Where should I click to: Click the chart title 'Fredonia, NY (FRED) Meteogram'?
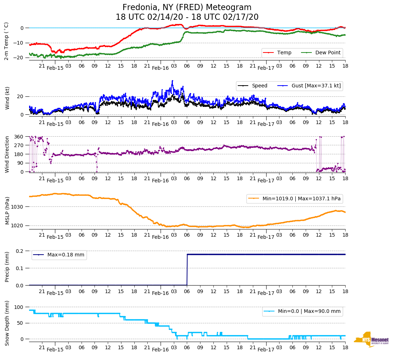pos(187,8)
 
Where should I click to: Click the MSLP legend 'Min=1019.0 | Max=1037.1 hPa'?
pos(294,199)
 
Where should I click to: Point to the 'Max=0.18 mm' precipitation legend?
pos(59,255)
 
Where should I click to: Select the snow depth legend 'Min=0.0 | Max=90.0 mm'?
pos(302,311)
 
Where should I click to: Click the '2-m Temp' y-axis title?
pos(6,41)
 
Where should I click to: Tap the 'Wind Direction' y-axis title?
pos(7,154)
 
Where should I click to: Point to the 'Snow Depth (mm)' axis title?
pos(7,323)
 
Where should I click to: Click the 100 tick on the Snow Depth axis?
pos(18,307)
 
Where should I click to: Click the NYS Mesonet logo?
pos(371,340)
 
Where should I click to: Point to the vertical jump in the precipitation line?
pos(187,270)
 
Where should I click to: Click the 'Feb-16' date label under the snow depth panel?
pos(160,350)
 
